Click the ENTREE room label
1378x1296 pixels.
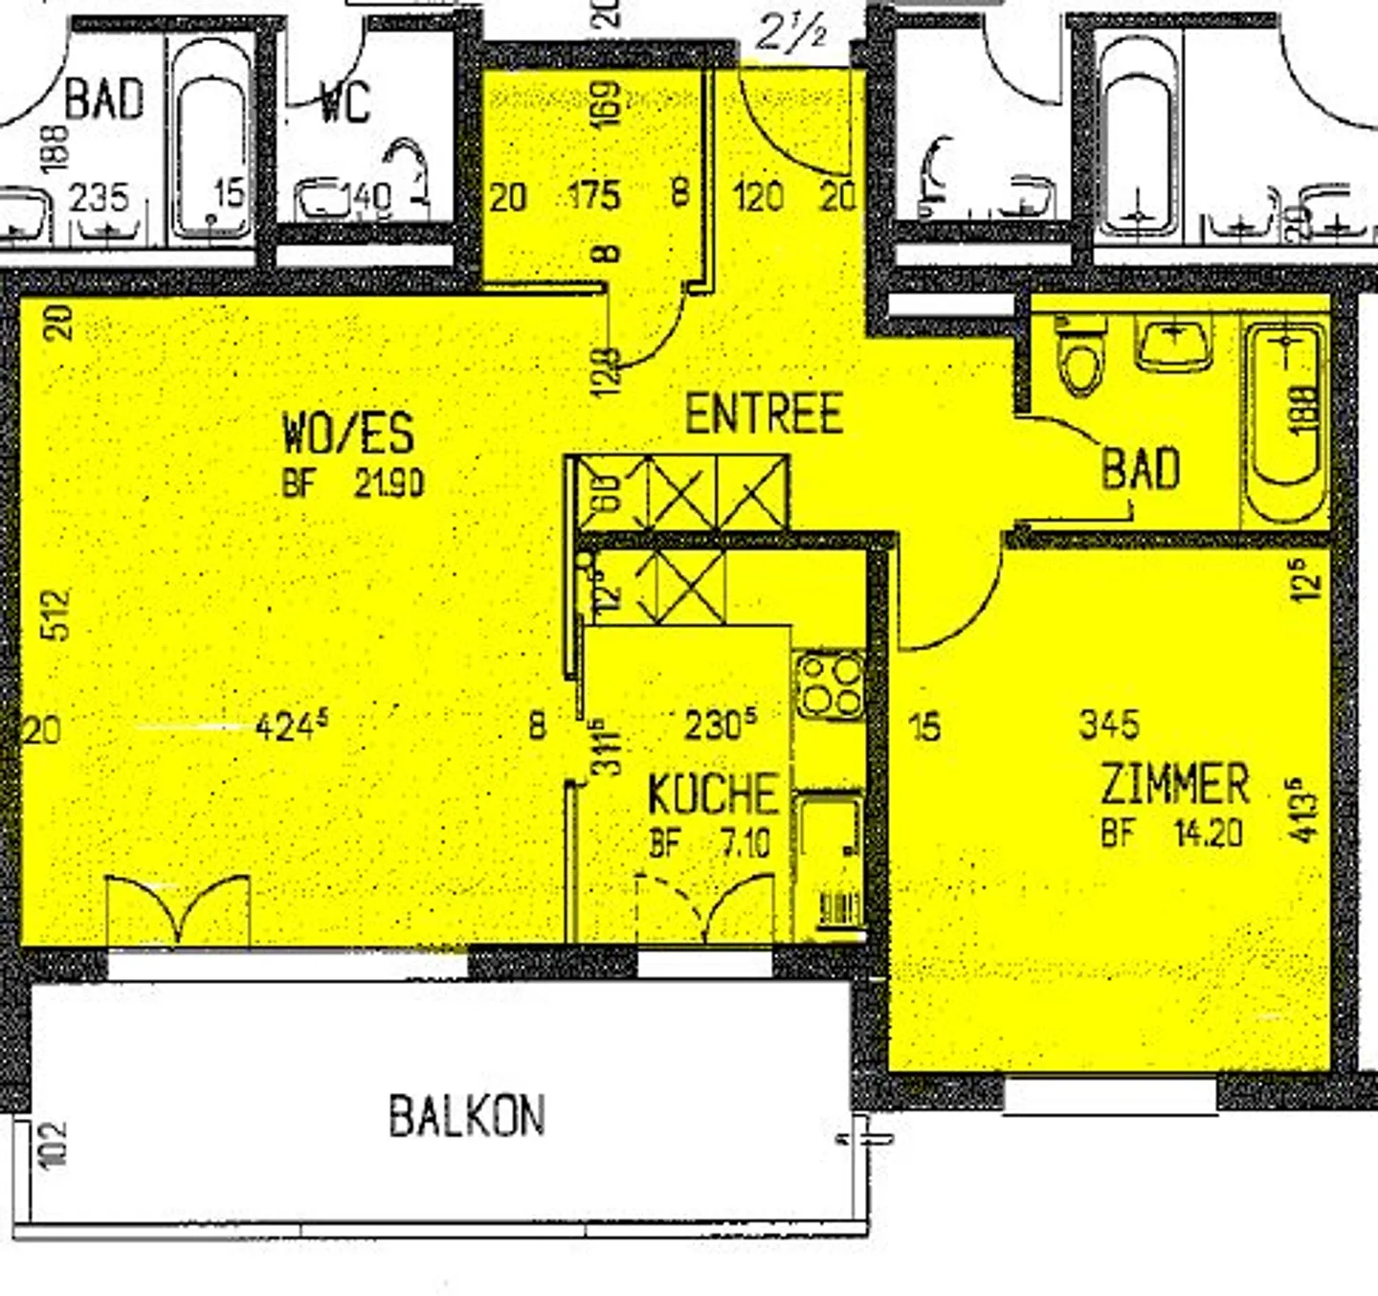764,414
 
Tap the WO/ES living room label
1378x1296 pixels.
348,433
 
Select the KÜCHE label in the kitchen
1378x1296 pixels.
712,793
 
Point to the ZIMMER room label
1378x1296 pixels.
1174,784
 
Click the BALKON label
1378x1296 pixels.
467,1116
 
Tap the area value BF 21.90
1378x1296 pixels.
353,483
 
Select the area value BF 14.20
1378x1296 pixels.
1171,833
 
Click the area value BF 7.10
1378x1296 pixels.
710,843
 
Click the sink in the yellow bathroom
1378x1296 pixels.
1173,345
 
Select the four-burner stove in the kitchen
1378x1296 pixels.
830,685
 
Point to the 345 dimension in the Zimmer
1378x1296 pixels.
1109,725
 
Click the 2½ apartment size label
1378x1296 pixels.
790,34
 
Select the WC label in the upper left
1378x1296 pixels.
344,101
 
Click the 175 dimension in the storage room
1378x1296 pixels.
594,196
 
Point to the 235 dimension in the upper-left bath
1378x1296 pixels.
99,198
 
